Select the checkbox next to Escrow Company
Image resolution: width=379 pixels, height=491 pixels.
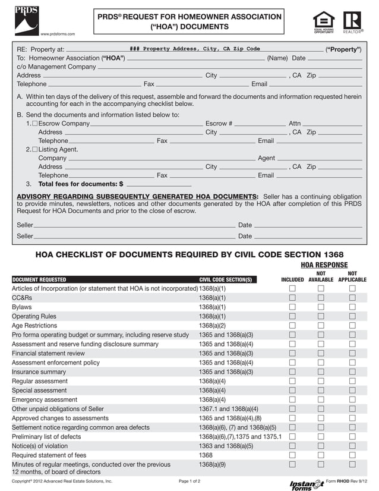(34, 124)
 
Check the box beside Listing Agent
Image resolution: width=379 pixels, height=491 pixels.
(34, 149)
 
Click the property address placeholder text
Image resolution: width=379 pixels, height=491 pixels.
(194, 49)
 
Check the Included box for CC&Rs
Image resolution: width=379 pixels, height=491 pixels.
(292, 298)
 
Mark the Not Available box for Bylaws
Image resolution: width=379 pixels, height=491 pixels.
(321, 307)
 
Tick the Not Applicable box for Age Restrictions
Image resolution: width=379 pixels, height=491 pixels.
(352, 326)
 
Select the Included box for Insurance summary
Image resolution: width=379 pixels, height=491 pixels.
(292, 372)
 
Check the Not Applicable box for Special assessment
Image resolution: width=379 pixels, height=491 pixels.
(352, 391)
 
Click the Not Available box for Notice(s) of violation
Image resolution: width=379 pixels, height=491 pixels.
(321, 446)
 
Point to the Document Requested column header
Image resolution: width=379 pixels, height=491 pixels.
(39, 279)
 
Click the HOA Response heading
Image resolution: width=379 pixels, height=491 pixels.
(324, 265)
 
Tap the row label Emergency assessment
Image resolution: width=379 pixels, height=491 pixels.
(45, 399)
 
